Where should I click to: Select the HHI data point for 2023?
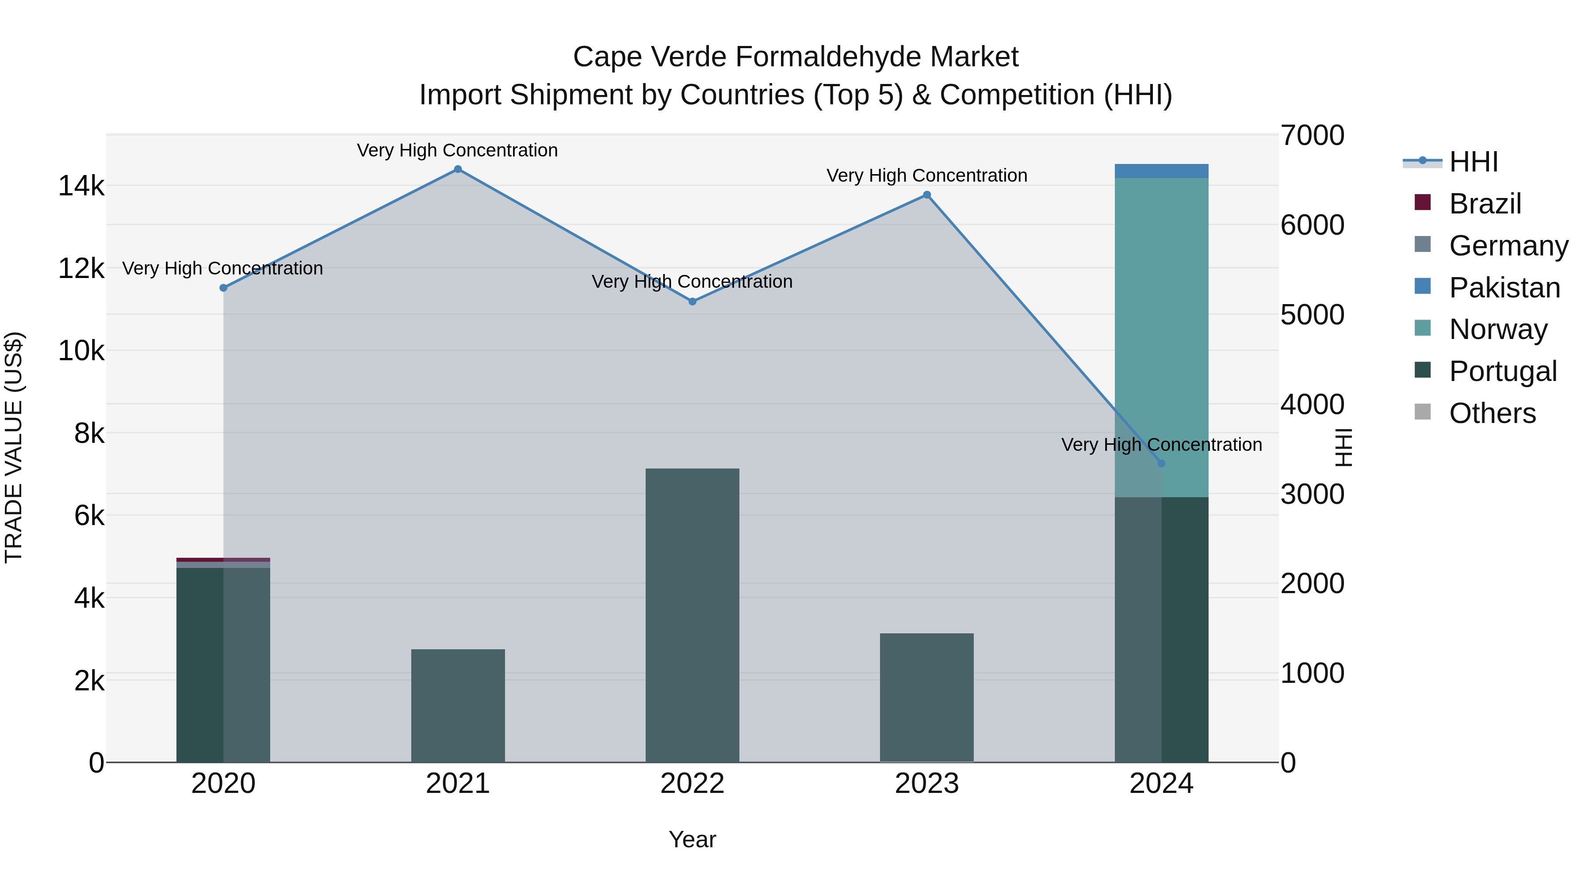926,195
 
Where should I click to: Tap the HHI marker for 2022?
692,301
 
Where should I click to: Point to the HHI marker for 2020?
224,288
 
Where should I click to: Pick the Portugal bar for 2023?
926,697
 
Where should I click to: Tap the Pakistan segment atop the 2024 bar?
1161,171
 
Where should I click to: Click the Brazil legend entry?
1485,204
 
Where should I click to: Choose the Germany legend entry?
1508,246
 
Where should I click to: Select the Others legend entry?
1492,413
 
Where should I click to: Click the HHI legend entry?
1473,162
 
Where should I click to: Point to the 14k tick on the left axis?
81,186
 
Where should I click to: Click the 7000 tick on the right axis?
1312,136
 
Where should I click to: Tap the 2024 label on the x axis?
1161,784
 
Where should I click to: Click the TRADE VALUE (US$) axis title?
14,447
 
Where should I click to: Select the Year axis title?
692,839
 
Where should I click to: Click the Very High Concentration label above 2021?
457,150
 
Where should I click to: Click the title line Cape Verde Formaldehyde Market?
796,57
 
